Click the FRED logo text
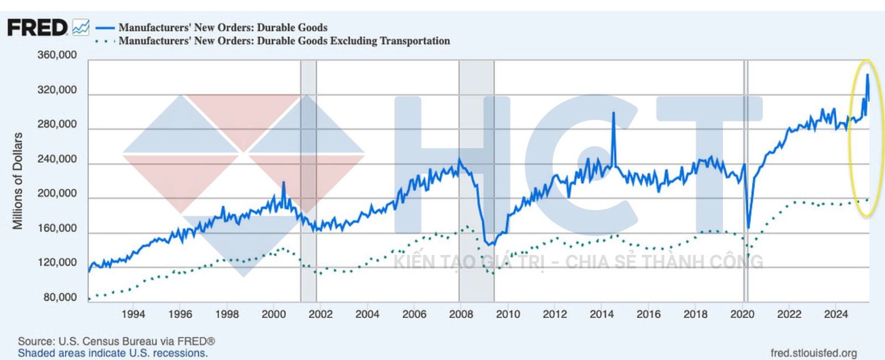37,28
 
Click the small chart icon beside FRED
81,28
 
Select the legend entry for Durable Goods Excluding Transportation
284,41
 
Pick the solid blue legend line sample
105,28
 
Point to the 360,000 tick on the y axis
57,55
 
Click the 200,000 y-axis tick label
57,194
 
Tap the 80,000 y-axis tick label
60,298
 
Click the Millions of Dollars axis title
18,181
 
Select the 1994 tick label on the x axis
133,314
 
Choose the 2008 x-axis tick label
461,314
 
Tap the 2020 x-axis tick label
742,314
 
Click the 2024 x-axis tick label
836,314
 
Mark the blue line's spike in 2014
613,113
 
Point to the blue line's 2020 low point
748,227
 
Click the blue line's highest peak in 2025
867,75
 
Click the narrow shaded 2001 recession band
309,166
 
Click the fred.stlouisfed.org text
814,353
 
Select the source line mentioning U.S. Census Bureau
116,341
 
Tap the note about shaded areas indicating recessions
113,353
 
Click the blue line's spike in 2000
283,182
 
